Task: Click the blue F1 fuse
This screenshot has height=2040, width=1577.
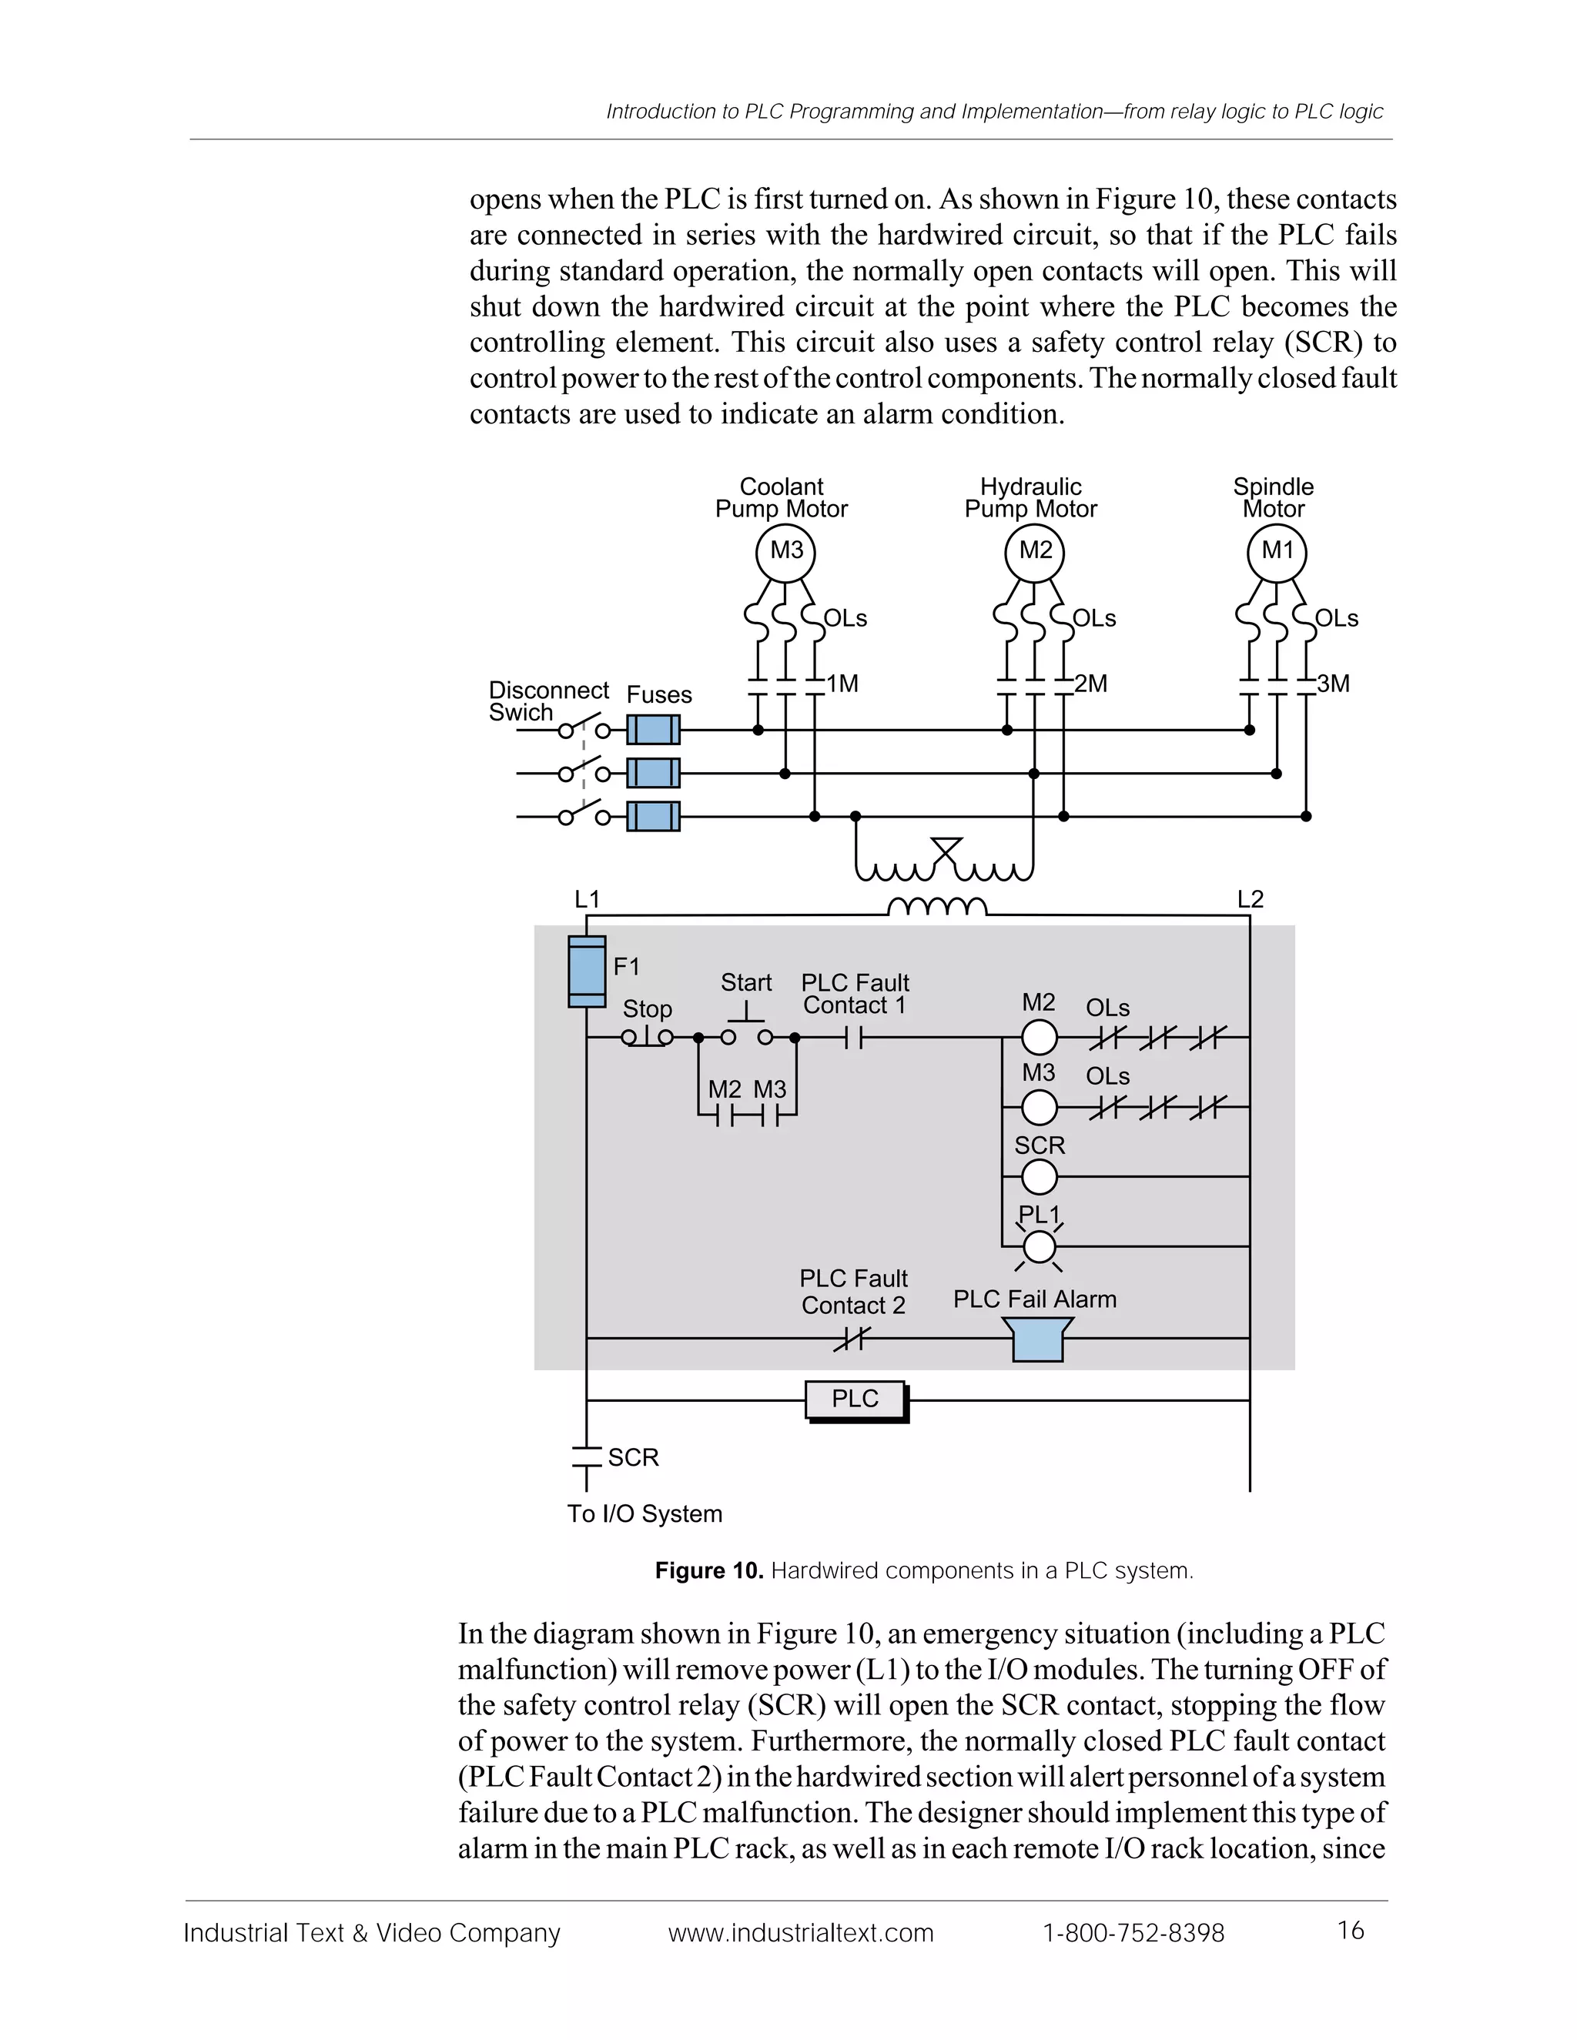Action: pos(587,972)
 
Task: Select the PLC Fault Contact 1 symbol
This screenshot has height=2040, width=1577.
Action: pos(854,1037)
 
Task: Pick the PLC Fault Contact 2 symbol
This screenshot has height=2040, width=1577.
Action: pos(851,1339)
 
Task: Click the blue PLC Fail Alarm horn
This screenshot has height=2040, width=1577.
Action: pos(1038,1339)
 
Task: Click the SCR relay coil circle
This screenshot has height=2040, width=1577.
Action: pos(1039,1177)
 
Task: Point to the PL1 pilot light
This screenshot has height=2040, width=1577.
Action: pos(1039,1246)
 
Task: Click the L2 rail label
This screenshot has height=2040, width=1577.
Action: pos(1250,898)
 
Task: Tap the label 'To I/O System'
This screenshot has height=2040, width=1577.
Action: pos(645,1514)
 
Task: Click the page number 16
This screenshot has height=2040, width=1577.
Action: pos(1351,1930)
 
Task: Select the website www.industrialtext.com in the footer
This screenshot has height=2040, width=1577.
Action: pos(801,1931)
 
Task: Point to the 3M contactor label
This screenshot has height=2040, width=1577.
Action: pos(1333,684)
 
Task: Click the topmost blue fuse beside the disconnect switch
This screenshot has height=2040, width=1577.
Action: pos(653,730)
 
